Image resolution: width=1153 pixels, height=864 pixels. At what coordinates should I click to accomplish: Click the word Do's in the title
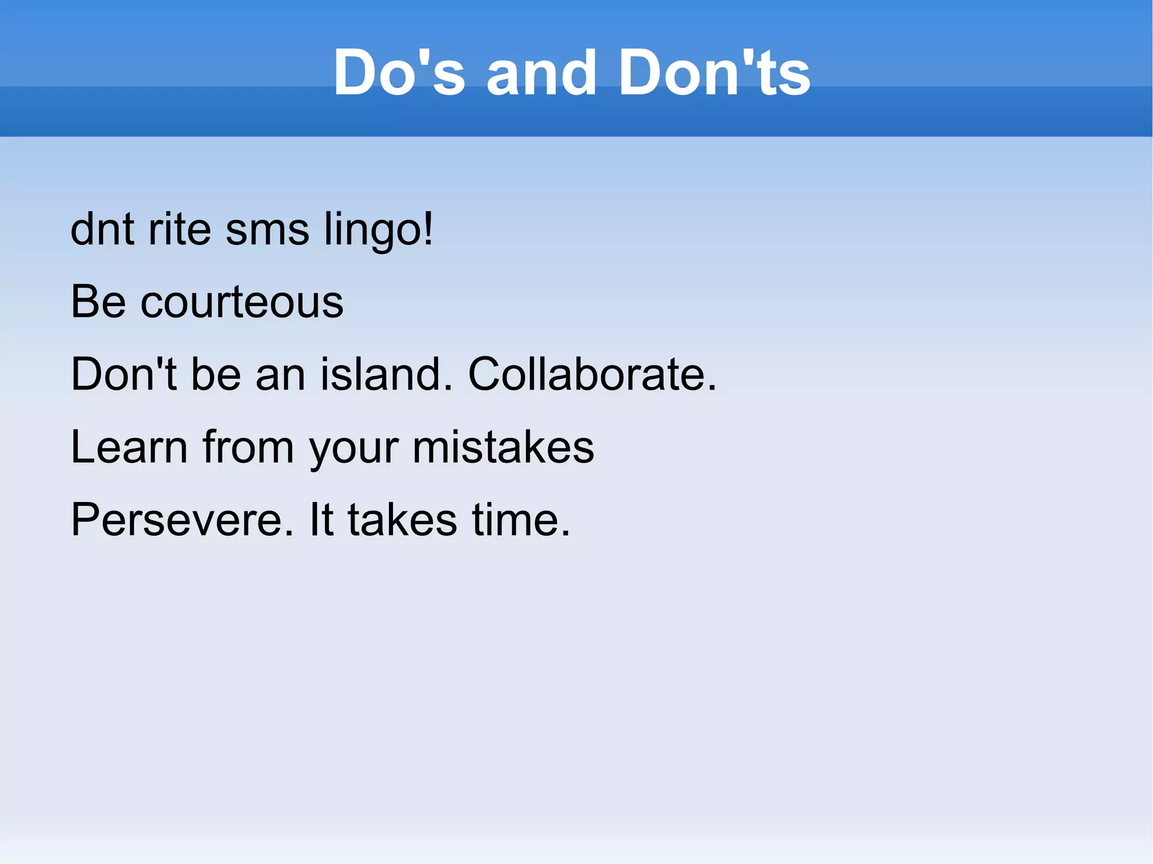[399, 73]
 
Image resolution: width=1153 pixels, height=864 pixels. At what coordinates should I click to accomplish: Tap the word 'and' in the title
[541, 73]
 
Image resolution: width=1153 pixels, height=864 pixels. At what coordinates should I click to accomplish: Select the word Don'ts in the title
[714, 73]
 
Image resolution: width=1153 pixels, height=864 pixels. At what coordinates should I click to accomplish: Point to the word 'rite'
[179, 229]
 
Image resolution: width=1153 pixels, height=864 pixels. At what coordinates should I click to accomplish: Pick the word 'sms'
[267, 230]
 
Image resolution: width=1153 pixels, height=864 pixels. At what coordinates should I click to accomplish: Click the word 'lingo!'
[378, 230]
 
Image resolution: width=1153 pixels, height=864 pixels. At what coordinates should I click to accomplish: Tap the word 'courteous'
[242, 302]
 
